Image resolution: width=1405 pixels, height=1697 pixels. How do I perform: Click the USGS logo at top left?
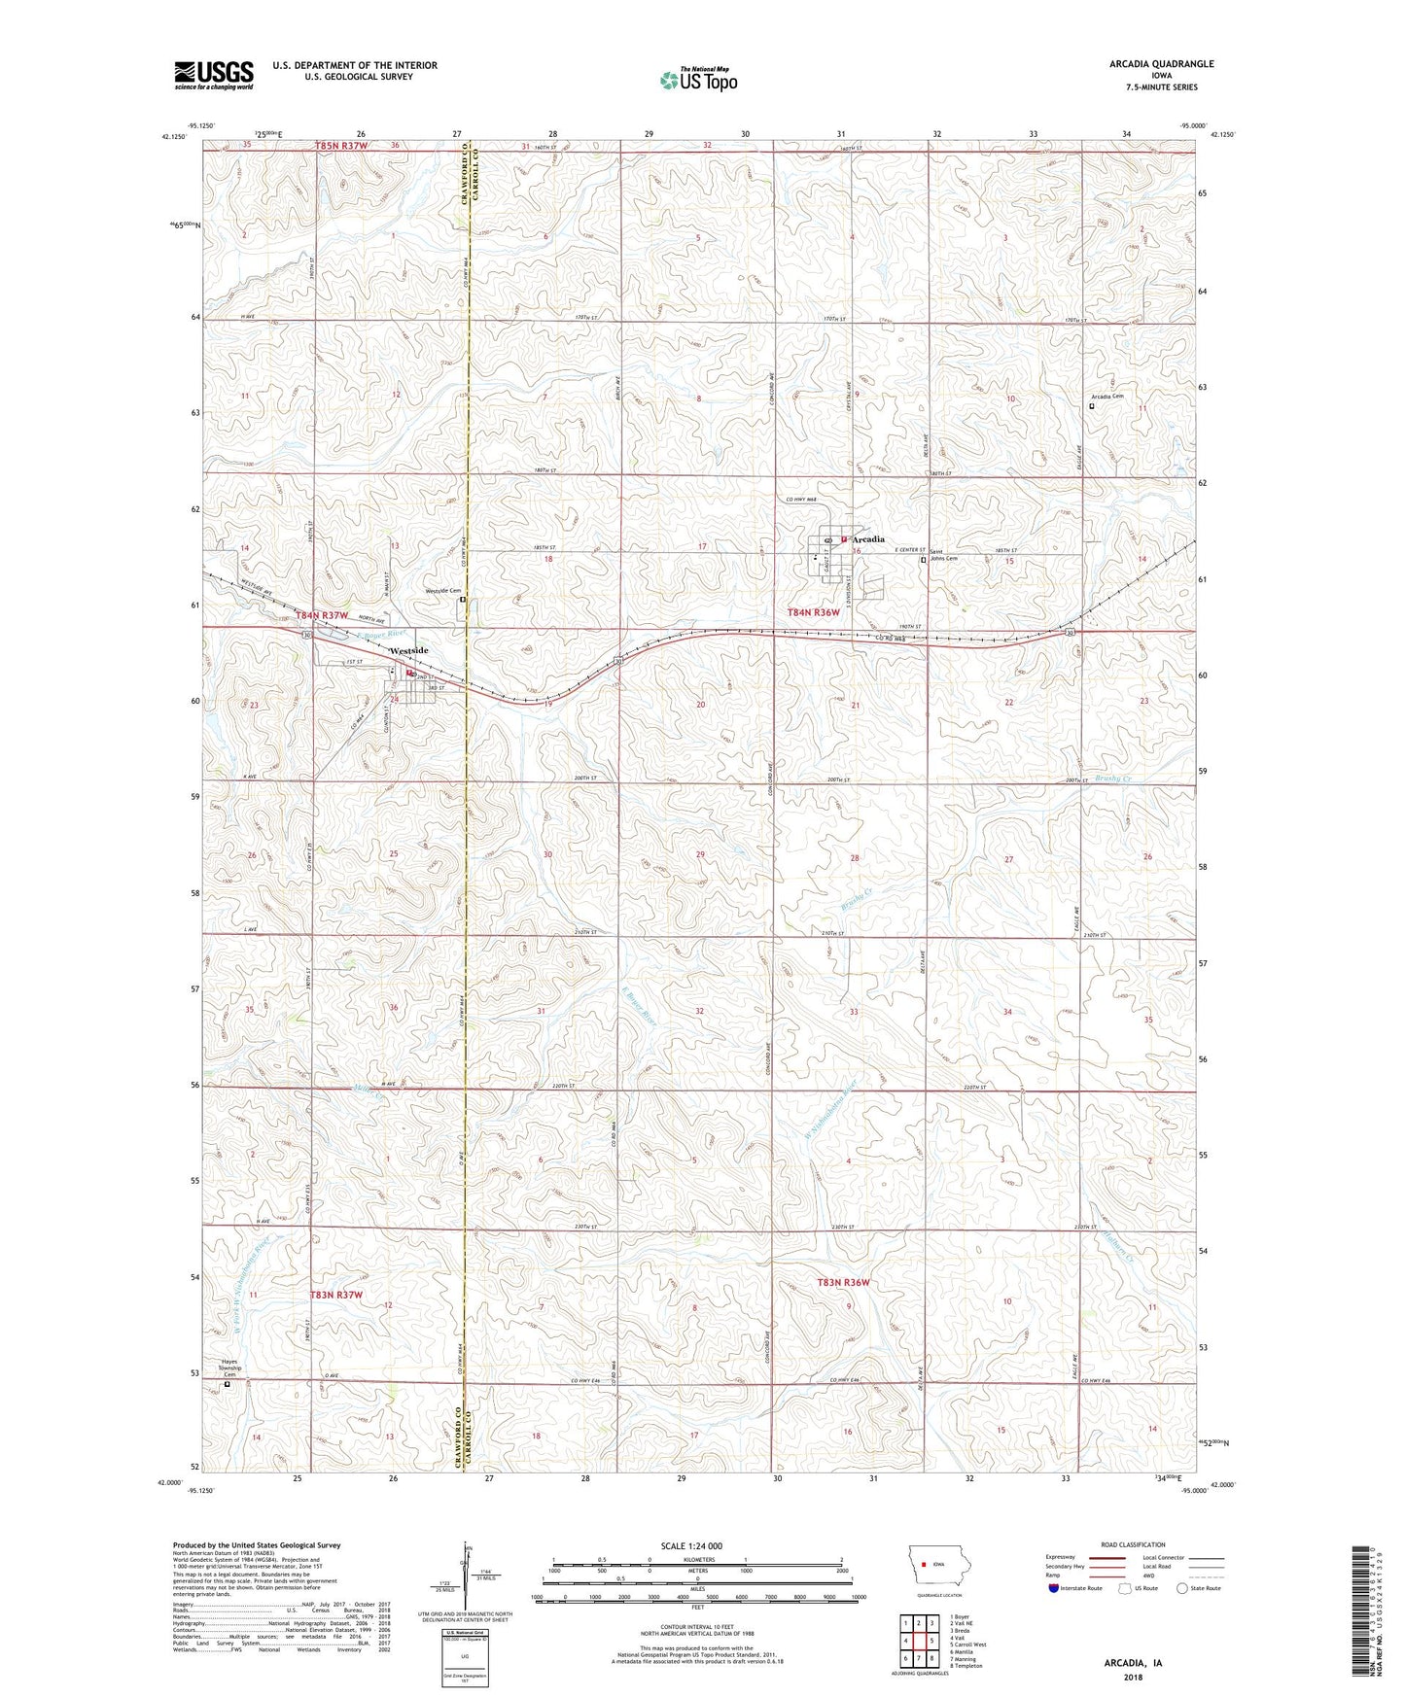[214, 75]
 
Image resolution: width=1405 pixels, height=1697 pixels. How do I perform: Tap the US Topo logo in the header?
[697, 80]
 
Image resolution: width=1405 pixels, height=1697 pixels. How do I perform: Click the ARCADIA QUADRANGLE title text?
[1161, 64]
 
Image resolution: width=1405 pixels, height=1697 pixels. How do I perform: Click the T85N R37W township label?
[342, 146]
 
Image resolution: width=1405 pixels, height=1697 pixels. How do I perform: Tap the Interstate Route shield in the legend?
[1054, 1588]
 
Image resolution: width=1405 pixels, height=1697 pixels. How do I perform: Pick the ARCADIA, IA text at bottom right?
[1133, 1663]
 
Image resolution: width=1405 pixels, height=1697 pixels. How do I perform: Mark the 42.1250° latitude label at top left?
[172, 137]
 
